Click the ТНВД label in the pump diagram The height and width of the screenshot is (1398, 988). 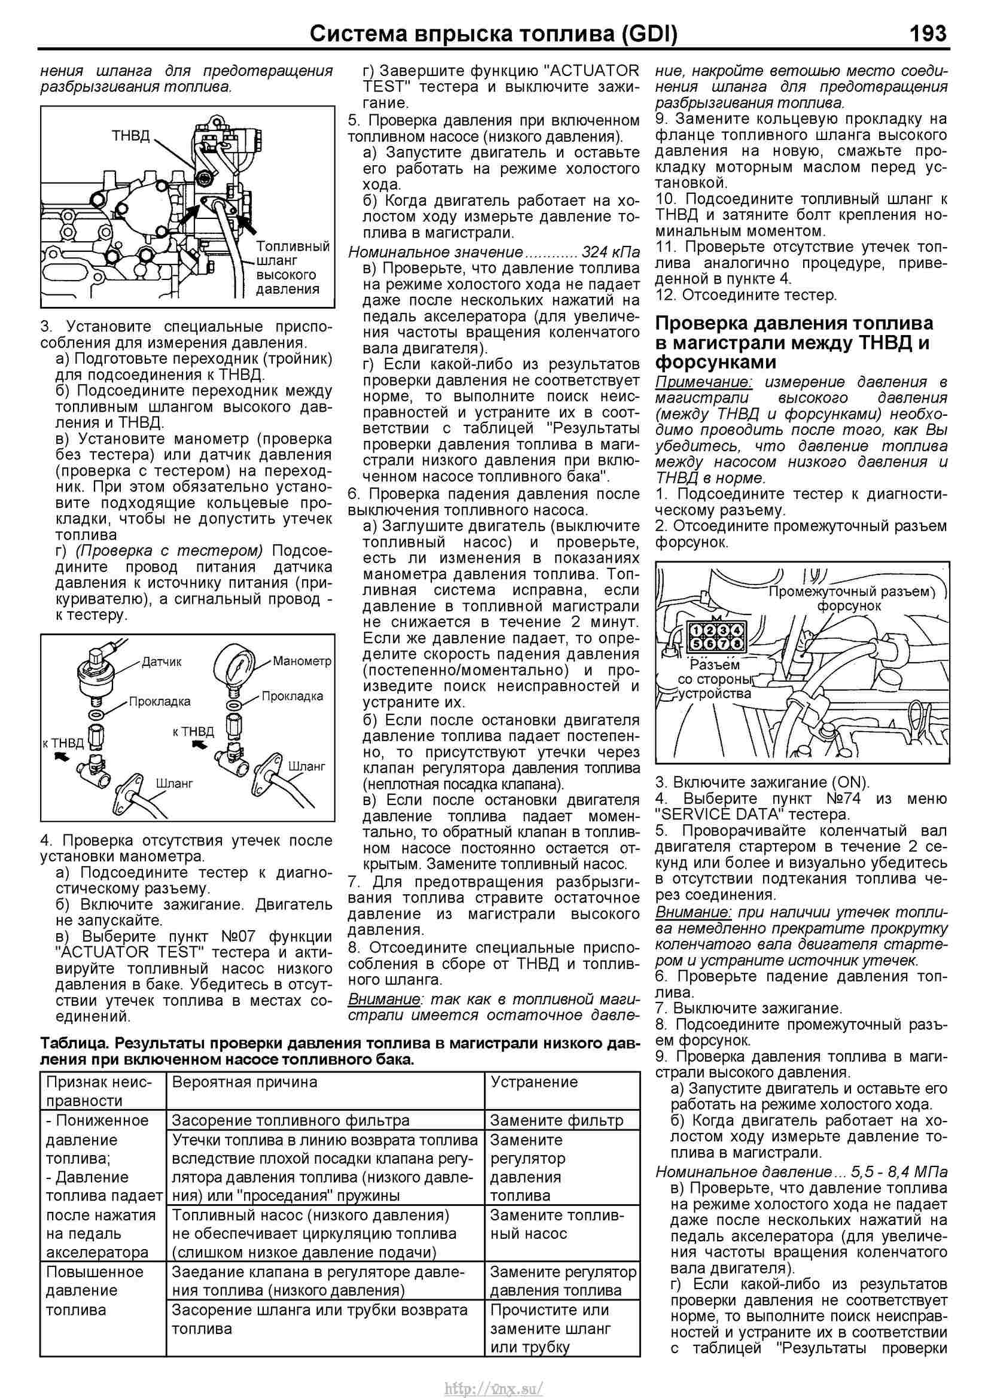point(130,135)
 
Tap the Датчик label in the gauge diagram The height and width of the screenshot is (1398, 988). point(161,661)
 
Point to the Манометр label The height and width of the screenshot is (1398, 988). point(302,660)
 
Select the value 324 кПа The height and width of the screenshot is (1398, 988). point(611,251)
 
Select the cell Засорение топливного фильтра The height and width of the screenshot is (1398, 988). point(291,1120)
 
